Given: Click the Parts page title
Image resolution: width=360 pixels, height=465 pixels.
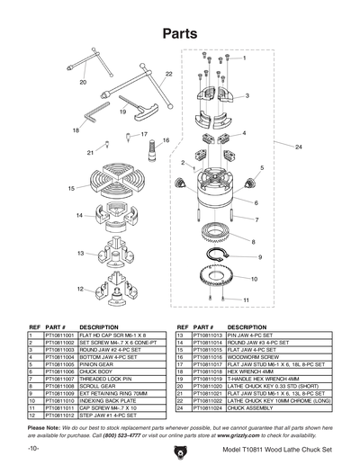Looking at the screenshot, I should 180,33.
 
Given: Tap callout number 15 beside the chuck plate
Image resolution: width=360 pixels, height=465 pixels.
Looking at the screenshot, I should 71,188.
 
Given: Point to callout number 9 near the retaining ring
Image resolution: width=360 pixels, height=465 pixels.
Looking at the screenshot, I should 260,257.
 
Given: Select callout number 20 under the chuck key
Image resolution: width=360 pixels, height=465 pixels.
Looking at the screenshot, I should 83,82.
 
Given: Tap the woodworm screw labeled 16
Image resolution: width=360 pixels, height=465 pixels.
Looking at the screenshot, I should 153,153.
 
